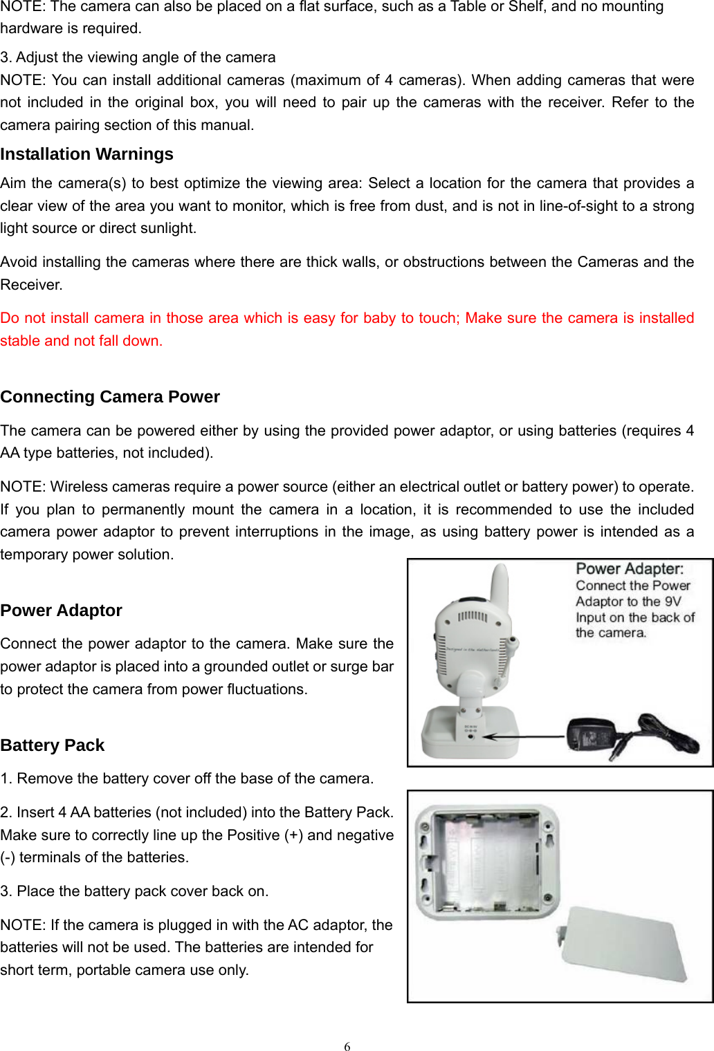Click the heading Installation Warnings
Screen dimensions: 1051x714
click(86, 154)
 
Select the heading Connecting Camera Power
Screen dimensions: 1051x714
click(110, 397)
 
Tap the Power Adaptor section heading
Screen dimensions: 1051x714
click(61, 611)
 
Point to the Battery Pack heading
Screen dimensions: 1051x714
click(53, 745)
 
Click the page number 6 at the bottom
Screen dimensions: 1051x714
click(347, 1045)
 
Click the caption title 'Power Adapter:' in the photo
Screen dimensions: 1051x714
click(630, 569)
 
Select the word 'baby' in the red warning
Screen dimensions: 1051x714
click(379, 318)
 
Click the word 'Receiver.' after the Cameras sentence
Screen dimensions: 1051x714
click(31, 285)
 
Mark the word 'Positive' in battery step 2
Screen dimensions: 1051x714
click(253, 835)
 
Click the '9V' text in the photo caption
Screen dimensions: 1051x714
click(672, 602)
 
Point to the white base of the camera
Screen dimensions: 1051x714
click(470, 733)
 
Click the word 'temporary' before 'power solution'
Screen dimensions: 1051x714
click(33, 555)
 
